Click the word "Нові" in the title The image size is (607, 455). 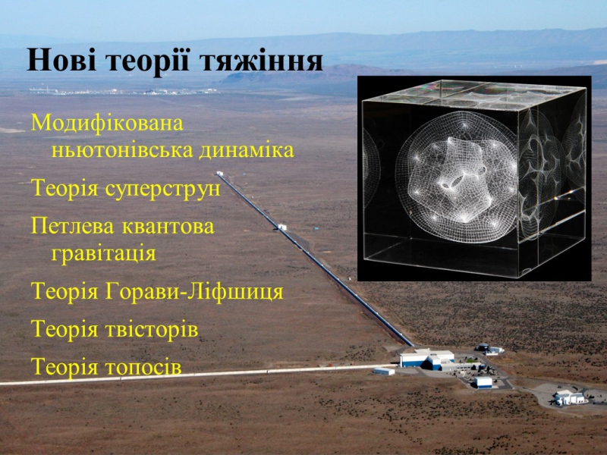61,61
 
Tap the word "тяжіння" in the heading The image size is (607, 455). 262,61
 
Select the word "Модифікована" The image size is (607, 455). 107,124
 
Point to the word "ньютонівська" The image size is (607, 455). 122,150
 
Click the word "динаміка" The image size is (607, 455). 247,149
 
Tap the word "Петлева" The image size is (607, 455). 72,225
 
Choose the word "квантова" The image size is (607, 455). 168,226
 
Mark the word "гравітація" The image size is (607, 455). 104,254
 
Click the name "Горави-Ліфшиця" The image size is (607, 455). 194,291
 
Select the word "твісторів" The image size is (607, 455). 152,329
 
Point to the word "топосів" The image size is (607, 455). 143,366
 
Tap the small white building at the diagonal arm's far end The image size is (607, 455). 220,174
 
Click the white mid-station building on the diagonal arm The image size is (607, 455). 282,227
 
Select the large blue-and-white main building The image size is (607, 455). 427,359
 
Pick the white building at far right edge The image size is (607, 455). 570,397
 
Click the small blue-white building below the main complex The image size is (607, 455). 483,382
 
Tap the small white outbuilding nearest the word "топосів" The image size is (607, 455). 384,372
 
